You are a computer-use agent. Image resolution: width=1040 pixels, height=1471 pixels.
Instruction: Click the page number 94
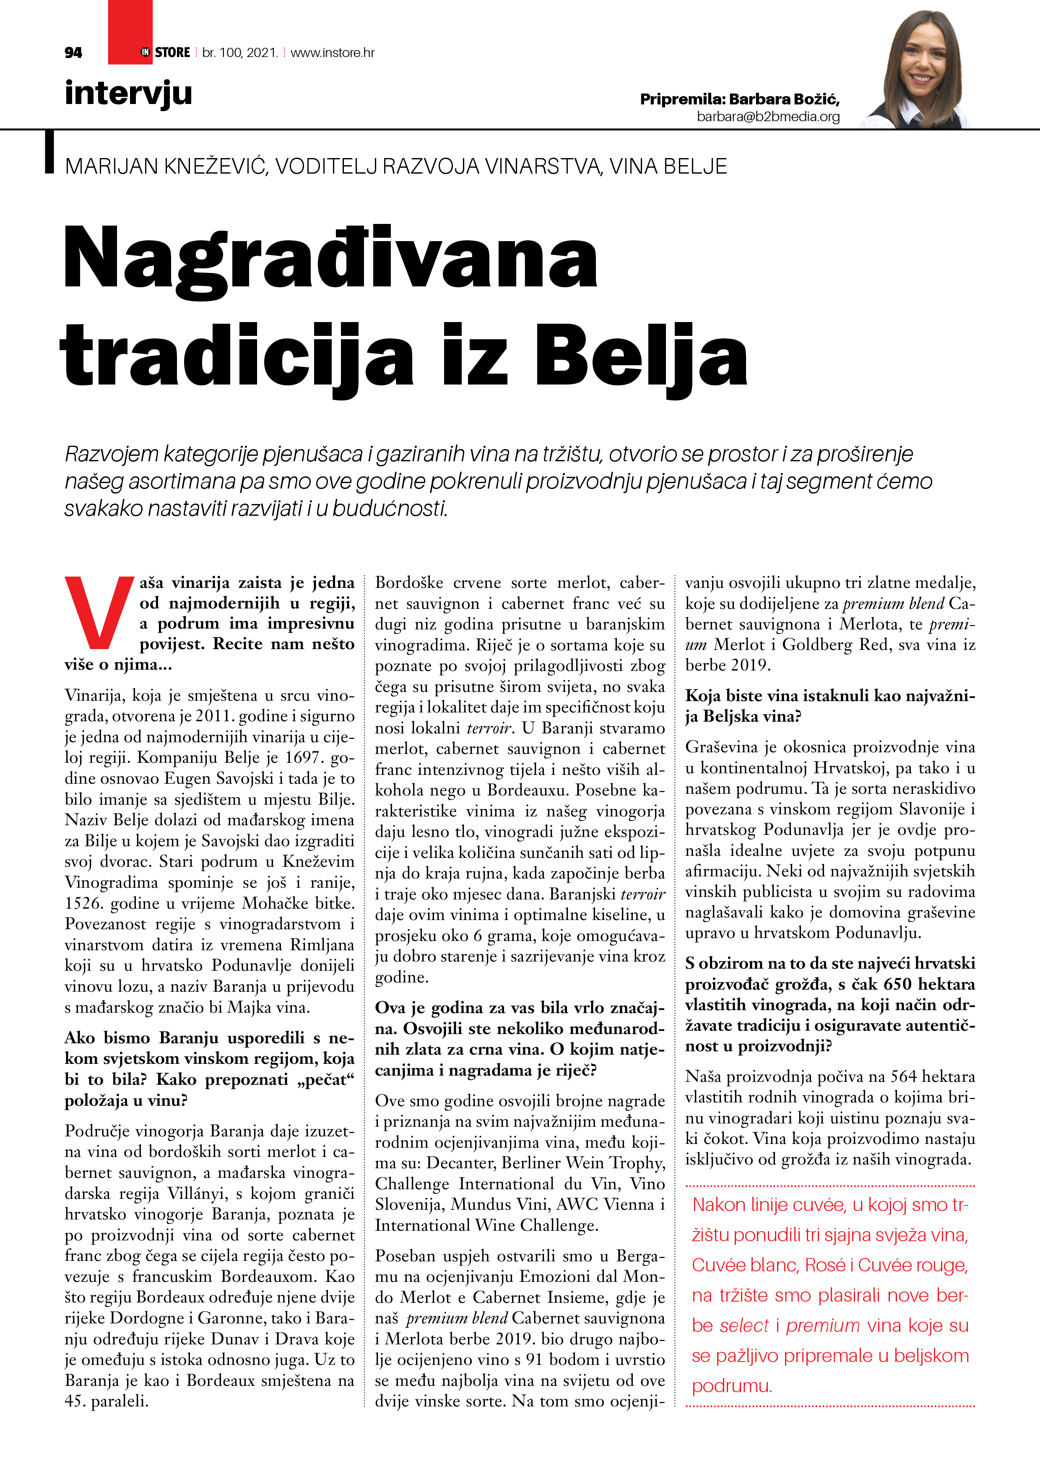click(x=73, y=52)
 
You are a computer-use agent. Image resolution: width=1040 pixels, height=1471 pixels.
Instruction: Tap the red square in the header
click(x=130, y=32)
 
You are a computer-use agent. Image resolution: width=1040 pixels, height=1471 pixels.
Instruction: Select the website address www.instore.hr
click(x=333, y=52)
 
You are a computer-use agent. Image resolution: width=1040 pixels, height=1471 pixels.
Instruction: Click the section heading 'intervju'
click(x=128, y=93)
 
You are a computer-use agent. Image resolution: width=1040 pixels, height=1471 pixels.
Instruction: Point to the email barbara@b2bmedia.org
click(x=768, y=117)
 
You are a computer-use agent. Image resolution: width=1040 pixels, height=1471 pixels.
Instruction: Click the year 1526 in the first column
click(x=84, y=903)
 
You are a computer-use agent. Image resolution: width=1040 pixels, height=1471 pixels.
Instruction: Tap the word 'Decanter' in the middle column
click(x=457, y=1163)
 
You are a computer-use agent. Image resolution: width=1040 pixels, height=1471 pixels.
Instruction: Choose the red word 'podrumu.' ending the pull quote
click(x=732, y=1386)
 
